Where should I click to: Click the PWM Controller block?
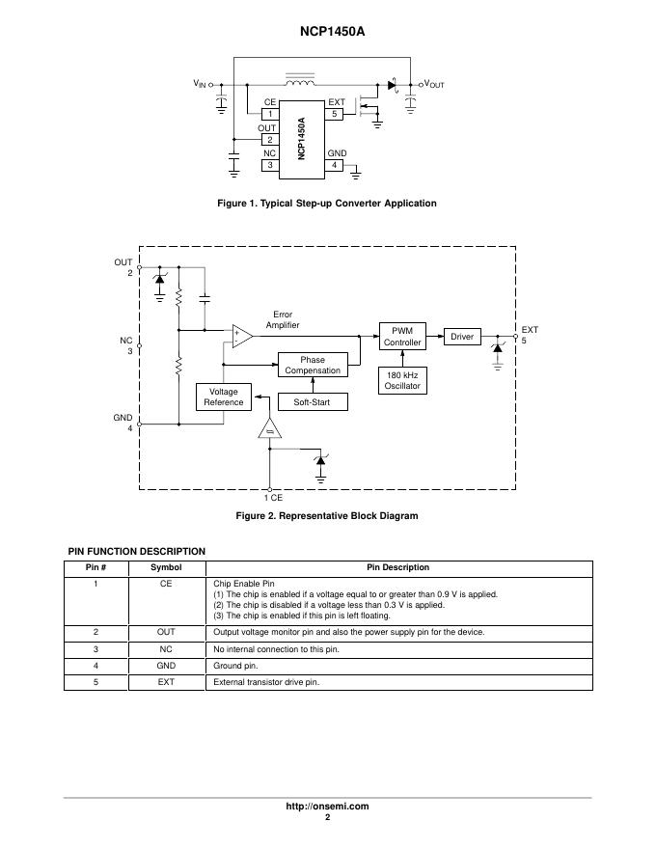[x=403, y=337]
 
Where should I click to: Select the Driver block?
[x=462, y=337]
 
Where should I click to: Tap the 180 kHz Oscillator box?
[x=403, y=380]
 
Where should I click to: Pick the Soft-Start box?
[x=313, y=401]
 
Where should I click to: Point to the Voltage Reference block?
[x=224, y=397]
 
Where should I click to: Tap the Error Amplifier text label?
[x=284, y=320]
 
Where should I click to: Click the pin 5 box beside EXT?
[x=335, y=114]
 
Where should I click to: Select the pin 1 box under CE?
[x=270, y=114]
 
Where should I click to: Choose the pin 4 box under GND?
[x=335, y=165]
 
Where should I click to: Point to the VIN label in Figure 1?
[x=199, y=85]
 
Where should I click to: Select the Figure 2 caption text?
[x=327, y=516]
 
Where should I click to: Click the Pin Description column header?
[x=398, y=567]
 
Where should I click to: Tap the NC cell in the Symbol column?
[x=166, y=649]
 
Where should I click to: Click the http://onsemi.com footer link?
[x=327, y=806]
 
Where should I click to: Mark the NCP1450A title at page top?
[x=327, y=31]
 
